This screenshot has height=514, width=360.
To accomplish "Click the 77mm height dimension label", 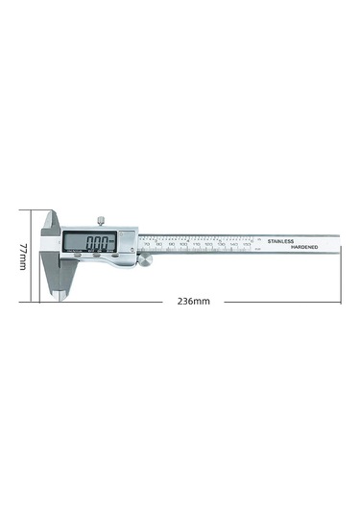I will click(x=23, y=255).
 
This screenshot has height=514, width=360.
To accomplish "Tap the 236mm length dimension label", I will click(x=193, y=302).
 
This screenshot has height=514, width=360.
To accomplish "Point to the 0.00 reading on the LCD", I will click(x=96, y=243).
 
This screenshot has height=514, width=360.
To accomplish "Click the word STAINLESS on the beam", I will click(x=285, y=241).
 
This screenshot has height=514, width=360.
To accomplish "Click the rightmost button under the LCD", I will click(x=115, y=257).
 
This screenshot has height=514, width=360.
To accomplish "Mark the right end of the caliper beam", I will click(x=338, y=244).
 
